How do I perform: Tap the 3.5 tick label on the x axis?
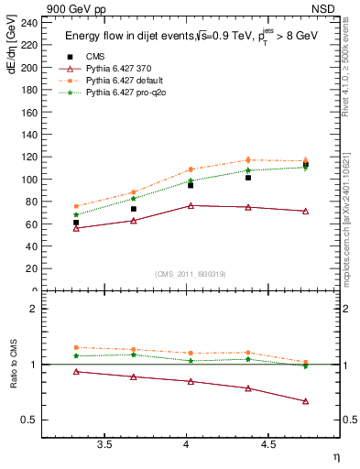tap(105, 446)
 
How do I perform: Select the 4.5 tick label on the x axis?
tap(267, 446)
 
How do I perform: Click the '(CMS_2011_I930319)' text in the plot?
tap(191, 274)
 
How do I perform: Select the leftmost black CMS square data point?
tap(76, 223)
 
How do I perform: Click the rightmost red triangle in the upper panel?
tap(305, 211)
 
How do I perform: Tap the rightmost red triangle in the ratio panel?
tap(305, 401)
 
